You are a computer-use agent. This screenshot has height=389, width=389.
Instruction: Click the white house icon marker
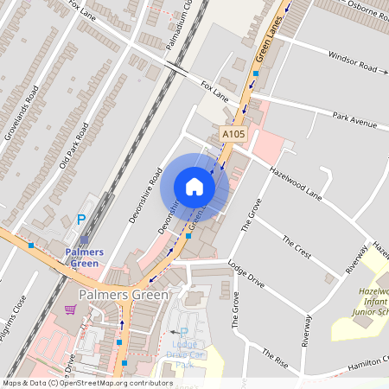click(x=194, y=187)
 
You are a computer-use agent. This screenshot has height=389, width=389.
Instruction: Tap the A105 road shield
click(x=233, y=135)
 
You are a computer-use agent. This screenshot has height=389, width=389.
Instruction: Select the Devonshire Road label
click(x=146, y=195)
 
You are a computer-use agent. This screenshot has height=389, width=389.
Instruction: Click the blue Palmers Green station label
click(x=85, y=257)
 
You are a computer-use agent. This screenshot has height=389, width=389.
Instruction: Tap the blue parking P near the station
click(x=82, y=220)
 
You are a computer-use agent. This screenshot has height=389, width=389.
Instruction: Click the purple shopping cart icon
click(x=70, y=309)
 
